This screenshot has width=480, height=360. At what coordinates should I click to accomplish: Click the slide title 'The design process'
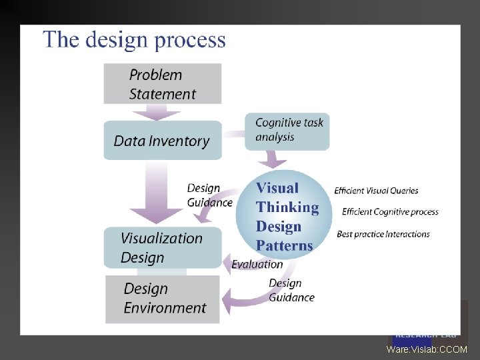135,40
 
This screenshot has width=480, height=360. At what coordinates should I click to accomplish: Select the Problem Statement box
162,84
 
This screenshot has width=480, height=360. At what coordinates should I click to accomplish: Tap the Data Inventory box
162,141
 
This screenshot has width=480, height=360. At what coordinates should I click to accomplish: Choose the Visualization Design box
162,247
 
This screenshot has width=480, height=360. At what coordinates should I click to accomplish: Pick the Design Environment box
162,299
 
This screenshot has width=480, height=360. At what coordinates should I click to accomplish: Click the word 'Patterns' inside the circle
284,246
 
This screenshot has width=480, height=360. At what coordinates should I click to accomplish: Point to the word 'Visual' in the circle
277,188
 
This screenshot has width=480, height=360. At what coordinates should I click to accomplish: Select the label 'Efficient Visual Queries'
376,191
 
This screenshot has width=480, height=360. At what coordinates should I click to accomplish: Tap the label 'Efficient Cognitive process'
390,212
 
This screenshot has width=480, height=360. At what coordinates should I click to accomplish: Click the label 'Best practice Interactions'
383,234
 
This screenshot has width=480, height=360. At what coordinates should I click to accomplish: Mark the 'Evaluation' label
257,265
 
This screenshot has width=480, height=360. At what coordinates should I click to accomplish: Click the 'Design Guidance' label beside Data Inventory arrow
209,195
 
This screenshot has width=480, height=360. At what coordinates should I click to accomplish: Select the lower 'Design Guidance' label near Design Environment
291,291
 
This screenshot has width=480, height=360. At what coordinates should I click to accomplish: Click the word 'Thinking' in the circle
287,207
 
